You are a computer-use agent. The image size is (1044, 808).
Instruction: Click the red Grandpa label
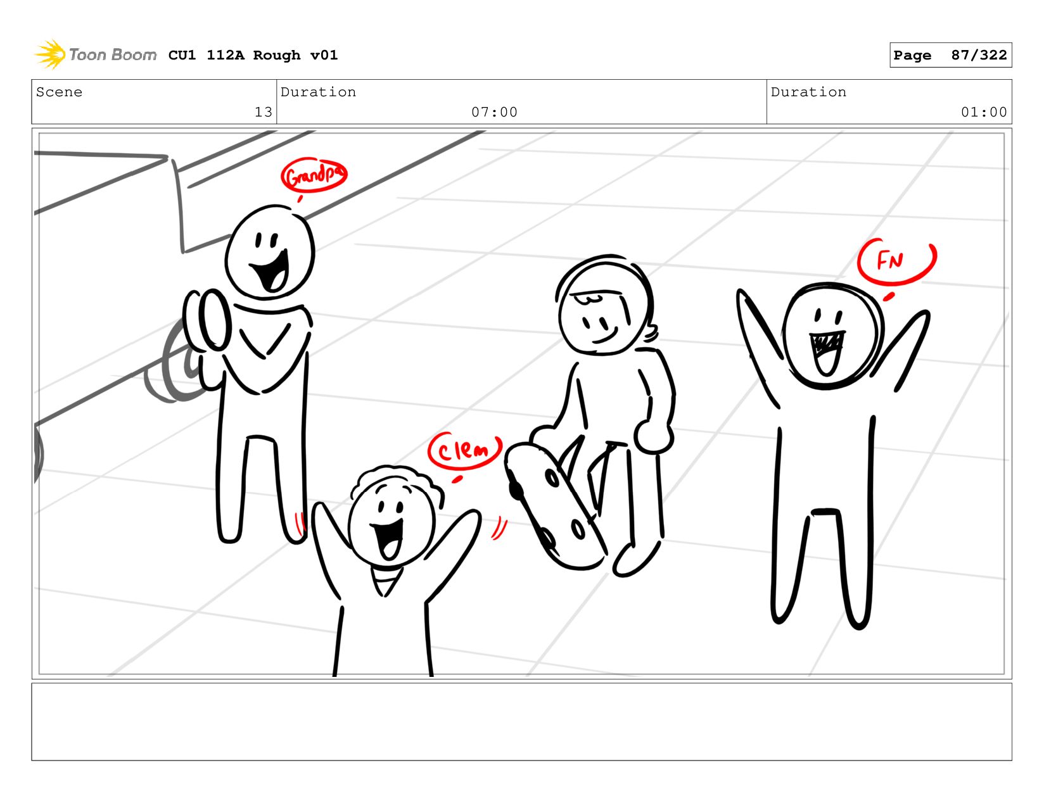314,175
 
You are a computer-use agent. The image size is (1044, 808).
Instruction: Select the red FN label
896,262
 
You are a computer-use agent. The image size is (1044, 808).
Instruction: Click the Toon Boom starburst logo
49,54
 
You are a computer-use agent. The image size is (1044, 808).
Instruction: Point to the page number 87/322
979,55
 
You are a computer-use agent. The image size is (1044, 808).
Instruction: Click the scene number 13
264,112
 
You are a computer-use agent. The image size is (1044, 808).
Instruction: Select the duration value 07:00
494,112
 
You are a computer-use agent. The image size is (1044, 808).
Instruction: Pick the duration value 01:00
983,112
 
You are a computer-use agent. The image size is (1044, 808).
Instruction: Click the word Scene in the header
59,92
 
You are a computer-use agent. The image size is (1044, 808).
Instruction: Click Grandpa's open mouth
271,272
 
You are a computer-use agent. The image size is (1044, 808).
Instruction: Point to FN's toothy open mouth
827,352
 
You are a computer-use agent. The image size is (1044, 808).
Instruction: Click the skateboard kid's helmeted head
604,305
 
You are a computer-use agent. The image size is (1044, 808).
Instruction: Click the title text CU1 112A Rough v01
253,55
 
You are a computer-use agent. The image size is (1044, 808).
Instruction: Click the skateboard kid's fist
652,436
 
